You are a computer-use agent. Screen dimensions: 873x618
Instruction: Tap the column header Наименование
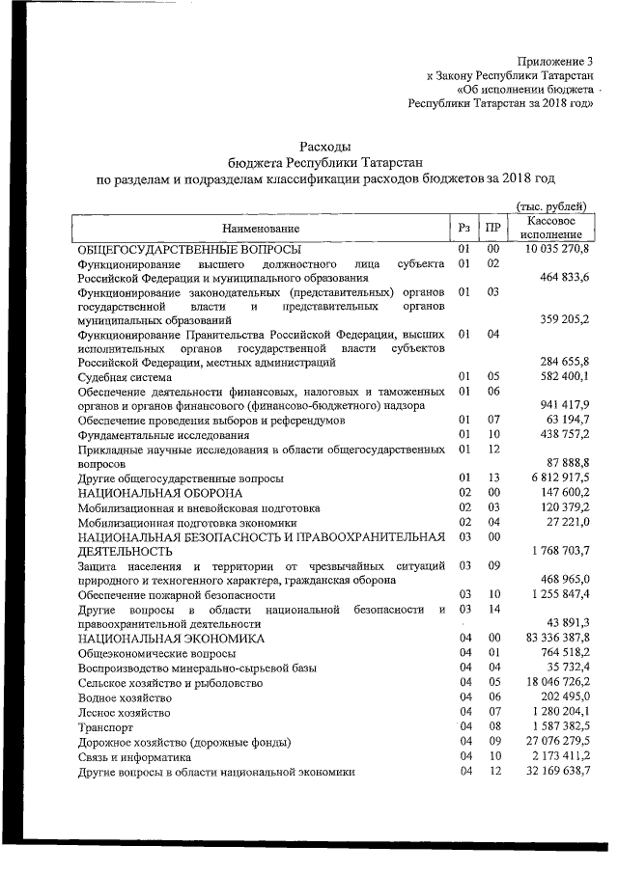260,228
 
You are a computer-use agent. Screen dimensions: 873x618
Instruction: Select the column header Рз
464,228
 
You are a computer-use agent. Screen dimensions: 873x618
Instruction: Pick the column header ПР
492,228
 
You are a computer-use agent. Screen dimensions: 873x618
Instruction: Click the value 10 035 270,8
557,250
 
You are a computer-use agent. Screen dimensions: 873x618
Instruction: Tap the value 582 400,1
564,376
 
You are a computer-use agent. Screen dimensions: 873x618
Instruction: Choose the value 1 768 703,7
560,550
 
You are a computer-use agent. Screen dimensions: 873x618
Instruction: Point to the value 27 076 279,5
557,741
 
